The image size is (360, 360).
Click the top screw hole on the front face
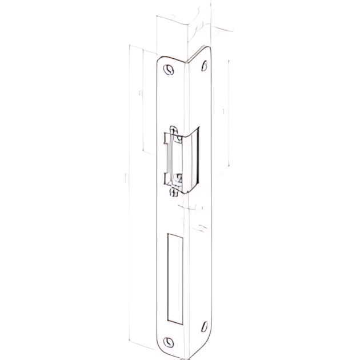click(167, 69)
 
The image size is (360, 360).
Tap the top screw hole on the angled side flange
click(203, 66)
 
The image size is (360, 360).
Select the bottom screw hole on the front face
click(167, 342)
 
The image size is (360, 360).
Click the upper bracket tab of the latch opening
click(167, 137)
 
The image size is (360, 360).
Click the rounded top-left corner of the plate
click(161, 58)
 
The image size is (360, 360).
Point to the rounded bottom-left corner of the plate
click(161, 350)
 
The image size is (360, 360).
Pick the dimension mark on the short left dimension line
click(139, 91)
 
